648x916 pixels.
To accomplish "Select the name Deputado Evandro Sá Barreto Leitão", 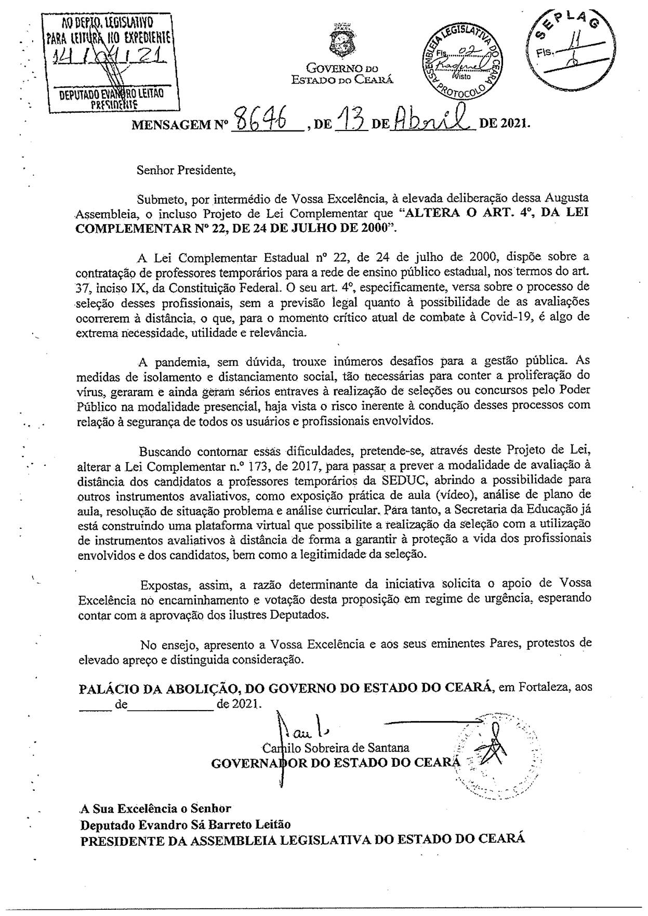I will (185, 825).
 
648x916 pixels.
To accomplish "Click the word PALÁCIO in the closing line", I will (107, 689).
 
